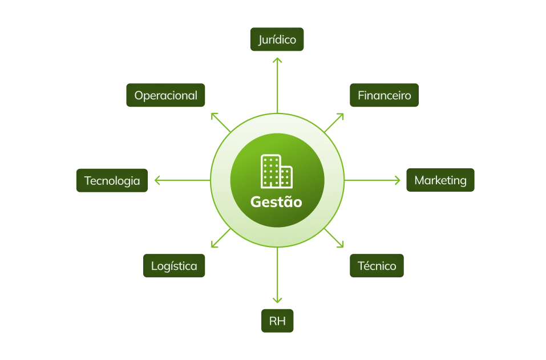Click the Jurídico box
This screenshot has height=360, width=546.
277,41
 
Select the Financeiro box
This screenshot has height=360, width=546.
384,95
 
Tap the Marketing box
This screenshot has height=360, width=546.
440,180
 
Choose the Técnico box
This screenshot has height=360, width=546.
377,266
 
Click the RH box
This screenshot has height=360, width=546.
277,321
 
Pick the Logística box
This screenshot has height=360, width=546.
174,266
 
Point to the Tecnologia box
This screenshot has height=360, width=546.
112,181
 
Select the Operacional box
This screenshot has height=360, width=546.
165,95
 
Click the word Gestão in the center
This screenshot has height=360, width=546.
277,202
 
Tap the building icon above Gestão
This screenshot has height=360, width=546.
277,171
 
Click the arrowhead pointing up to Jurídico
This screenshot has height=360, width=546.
277,59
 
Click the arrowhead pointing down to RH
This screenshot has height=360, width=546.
277,301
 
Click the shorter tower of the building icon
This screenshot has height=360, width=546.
286,176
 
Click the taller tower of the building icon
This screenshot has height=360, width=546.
270,170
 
